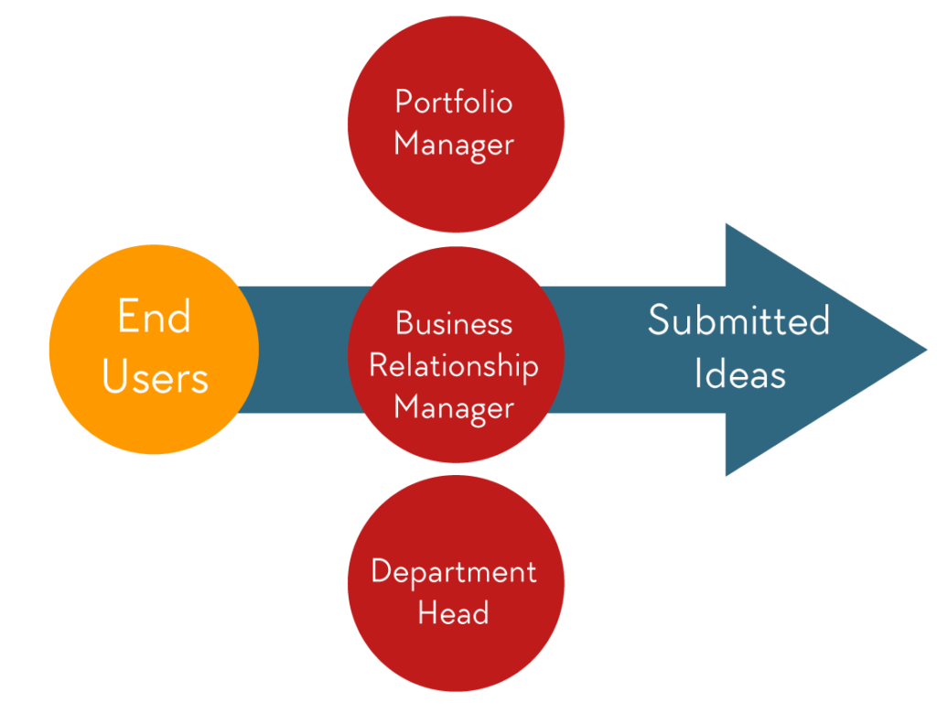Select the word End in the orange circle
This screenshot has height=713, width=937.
coord(154,318)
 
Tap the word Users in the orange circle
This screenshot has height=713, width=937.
coord(155,376)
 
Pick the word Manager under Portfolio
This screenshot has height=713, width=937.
coord(454,145)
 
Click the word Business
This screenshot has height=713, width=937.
coord(454,323)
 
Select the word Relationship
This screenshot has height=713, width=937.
coord(454,366)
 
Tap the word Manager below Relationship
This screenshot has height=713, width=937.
coord(454,407)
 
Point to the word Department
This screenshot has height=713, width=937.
coord(454,571)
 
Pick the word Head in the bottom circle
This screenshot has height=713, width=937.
coord(454,612)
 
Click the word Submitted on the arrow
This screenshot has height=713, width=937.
coord(738,320)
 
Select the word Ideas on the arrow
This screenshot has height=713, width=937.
coord(739,373)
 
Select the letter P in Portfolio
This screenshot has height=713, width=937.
coord(403,101)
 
